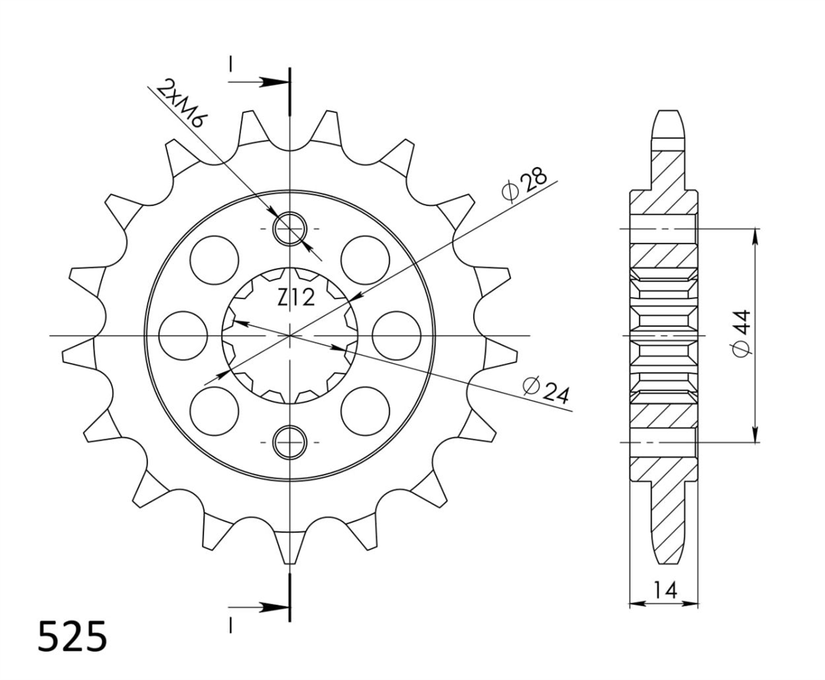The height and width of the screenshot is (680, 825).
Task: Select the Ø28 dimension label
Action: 525,184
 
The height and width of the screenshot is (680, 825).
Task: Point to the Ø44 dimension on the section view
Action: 742,333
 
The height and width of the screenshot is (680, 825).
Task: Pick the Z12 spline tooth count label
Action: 296,298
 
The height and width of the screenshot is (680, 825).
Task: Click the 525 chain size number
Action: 73,637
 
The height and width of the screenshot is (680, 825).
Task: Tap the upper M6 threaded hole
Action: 290,229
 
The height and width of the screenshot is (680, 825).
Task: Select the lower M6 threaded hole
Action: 290,442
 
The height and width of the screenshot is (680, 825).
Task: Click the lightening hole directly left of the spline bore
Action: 183,336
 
